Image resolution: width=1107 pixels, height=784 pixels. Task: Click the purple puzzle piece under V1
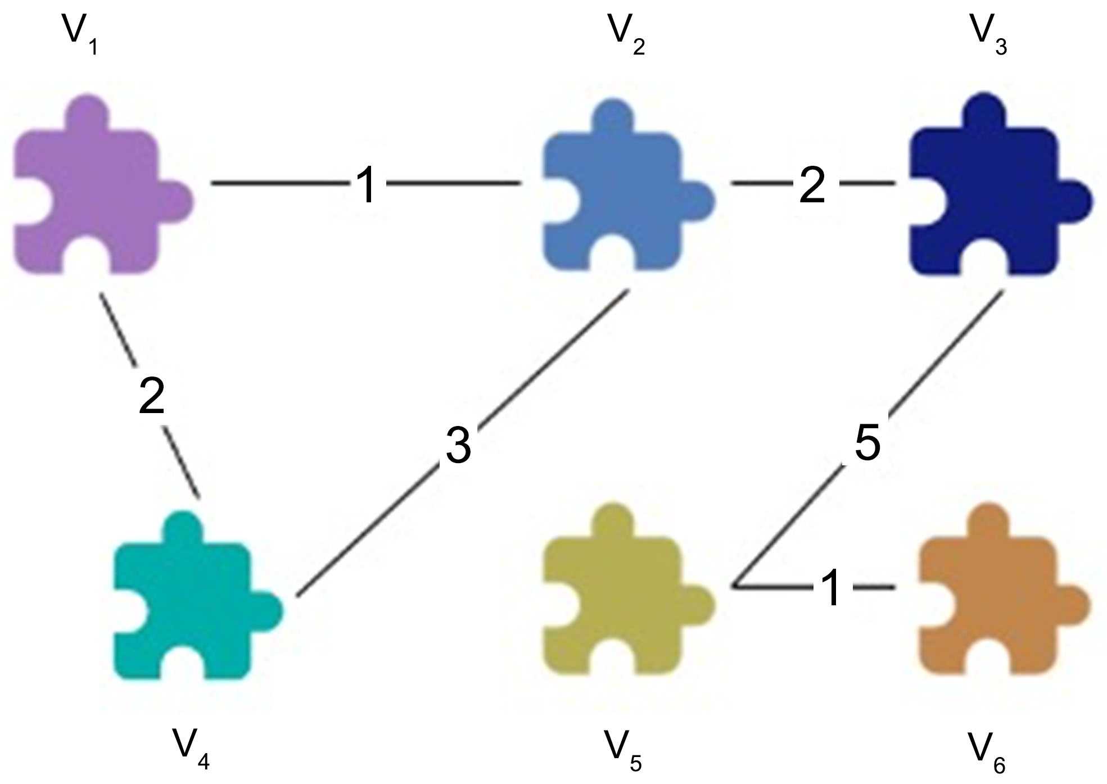[90, 191]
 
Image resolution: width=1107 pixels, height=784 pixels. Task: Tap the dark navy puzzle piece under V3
[984, 194]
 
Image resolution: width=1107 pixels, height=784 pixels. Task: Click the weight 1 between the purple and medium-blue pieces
[366, 184]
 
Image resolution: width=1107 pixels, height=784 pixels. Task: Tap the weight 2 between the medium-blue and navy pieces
[812, 184]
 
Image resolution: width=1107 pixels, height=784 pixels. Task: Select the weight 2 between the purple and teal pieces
[152, 396]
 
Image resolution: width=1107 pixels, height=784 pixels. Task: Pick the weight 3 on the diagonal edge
[458, 445]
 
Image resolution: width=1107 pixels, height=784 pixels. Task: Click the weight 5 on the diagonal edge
[867, 442]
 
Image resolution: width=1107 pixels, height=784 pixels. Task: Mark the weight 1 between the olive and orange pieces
[832, 588]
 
